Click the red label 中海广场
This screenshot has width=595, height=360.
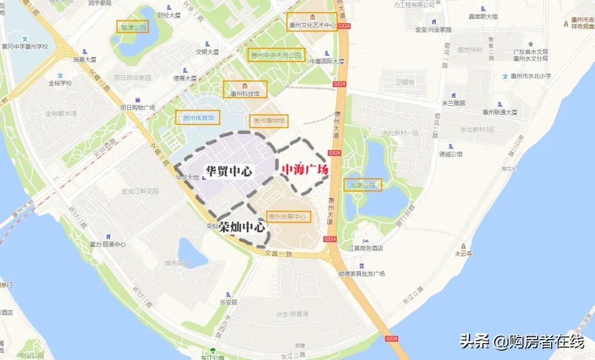click(x=305, y=170)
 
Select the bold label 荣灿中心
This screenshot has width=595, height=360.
click(x=241, y=227)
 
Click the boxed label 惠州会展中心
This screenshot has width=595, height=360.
click(x=286, y=217)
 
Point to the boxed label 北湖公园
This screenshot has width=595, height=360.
click(x=363, y=185)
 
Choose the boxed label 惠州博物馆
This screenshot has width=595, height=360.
click(x=268, y=120)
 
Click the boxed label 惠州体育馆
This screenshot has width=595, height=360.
click(x=197, y=117)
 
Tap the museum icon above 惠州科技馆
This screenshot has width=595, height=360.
click(x=245, y=85)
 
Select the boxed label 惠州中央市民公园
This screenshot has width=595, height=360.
click(x=276, y=55)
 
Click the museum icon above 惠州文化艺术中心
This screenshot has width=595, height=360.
click(x=312, y=16)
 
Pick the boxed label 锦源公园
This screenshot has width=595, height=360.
click(x=133, y=26)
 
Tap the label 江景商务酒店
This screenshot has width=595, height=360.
click(x=366, y=249)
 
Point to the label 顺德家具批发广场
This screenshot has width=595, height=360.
click(x=361, y=273)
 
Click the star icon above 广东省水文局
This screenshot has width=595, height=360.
click(x=531, y=44)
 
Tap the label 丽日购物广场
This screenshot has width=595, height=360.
click(x=138, y=108)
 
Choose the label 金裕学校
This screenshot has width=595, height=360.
click(x=60, y=83)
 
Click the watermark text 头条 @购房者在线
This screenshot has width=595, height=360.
click(x=522, y=342)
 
